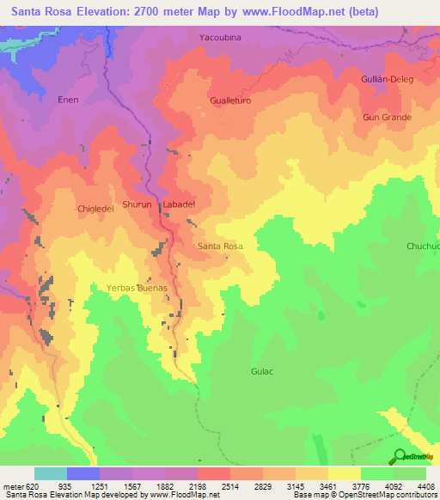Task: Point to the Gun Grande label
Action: tap(388, 117)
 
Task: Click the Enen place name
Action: tap(69, 100)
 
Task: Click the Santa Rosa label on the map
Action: tap(220, 247)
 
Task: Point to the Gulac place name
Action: tap(262, 371)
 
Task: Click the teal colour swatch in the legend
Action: tap(50, 473)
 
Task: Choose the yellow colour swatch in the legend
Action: tap(345, 473)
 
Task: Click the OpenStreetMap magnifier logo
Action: tap(399, 456)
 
